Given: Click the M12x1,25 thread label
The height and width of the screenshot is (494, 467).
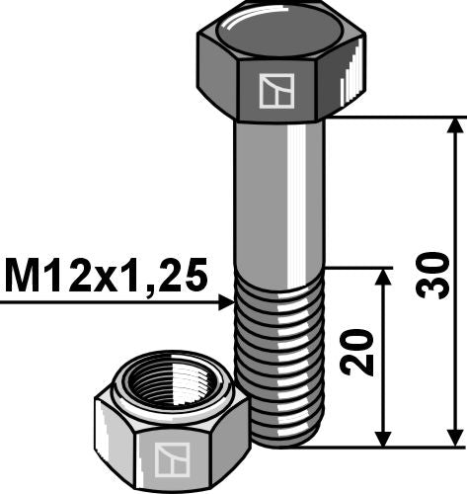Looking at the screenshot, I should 107,276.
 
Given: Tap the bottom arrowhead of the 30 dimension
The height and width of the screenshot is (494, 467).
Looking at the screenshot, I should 455,438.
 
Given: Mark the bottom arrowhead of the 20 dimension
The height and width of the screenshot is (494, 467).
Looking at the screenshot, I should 384,438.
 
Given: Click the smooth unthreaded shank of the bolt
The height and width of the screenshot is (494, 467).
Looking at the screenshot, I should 280,198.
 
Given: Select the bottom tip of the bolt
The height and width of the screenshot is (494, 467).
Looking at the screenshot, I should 286,441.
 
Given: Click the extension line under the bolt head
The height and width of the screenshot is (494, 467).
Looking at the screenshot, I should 395,118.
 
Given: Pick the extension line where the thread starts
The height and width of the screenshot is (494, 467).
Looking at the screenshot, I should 355,267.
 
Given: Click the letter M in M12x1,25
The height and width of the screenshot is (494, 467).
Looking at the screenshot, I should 21,276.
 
